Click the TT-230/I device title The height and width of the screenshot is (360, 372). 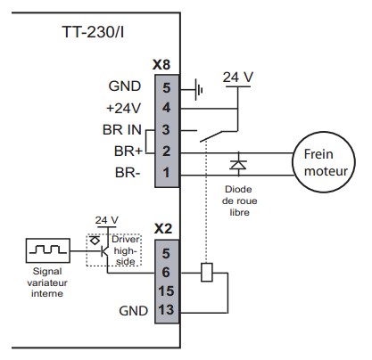click(93, 32)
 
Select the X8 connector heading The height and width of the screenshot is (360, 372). click(161, 65)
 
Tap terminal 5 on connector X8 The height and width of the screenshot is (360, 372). click(167, 87)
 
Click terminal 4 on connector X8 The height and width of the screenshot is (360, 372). click(167, 108)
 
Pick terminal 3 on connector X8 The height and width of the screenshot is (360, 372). click(166, 129)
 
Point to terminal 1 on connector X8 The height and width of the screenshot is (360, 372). click(167, 173)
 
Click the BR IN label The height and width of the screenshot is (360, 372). click(122, 130)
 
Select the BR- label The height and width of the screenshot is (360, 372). click(128, 173)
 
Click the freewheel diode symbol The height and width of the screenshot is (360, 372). click(238, 164)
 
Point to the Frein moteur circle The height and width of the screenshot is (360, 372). click(324, 162)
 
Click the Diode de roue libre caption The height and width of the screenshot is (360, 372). click(239, 200)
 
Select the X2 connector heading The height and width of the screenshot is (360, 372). click(163, 229)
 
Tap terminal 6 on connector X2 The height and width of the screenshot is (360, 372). click(166, 273)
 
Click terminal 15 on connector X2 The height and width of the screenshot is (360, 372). click(166, 291)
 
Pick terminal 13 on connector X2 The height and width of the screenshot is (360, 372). click(166, 310)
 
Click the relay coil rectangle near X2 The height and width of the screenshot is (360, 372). click(207, 273)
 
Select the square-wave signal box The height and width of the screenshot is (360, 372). click(48, 250)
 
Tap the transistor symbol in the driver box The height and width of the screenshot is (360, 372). click(104, 251)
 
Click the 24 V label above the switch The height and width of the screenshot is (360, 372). click(238, 78)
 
